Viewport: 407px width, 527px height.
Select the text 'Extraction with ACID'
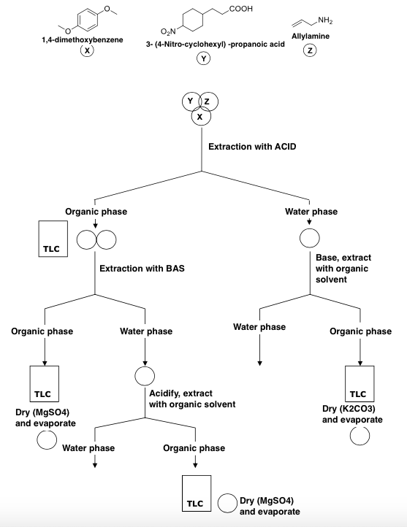tap(252, 147)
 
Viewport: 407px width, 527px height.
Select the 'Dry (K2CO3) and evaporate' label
tap(352, 414)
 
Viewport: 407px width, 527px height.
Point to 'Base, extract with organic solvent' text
tap(342, 269)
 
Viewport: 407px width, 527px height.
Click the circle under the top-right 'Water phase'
tap(310, 239)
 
